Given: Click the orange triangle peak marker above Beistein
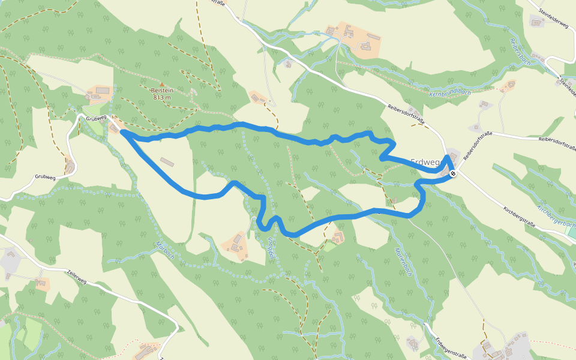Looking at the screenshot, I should (161, 84).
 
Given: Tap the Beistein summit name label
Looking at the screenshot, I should (162, 91).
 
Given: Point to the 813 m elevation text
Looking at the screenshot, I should (162, 97).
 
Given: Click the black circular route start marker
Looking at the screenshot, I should (453, 174).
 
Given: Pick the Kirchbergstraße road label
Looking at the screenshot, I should (519, 217).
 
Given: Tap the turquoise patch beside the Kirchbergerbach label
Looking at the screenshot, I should (571, 230).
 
